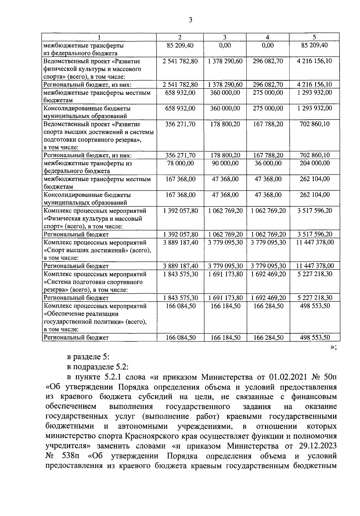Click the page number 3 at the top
pyautogui.click(x=190, y=20)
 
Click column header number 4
pyautogui.click(x=268, y=37)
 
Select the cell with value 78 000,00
pyautogui.click(x=180, y=163)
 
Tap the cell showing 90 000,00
pyautogui.click(x=225, y=163)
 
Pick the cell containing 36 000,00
pyautogui.click(x=268, y=163)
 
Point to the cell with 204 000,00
pyautogui.click(x=314, y=163)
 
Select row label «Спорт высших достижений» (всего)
pyautogui.click(x=97, y=250)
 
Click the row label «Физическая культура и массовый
pyautogui.click(x=93, y=219)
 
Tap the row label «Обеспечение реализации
pyautogui.click(x=81, y=314)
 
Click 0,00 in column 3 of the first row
pyautogui.click(x=225, y=45)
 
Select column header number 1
pyautogui.click(x=99, y=37)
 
